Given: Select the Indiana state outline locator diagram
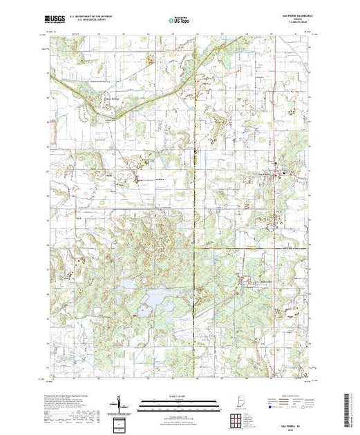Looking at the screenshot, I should point(231,403).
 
